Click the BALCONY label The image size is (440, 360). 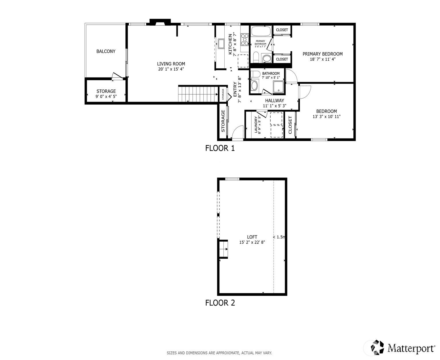coord(106,51)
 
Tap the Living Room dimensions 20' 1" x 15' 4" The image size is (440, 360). coord(171,69)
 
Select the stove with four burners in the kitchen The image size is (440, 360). coord(244,40)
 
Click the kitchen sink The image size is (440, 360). coord(221,44)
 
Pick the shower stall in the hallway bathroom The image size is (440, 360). coord(278,87)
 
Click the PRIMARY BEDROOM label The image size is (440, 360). coord(323,54)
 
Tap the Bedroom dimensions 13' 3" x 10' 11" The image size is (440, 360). coord(326,117)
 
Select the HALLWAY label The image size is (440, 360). coord(275,101)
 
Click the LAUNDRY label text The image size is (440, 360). coord(256,124)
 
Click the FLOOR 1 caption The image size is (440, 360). coord(220,148)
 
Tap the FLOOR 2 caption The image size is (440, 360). coord(220,303)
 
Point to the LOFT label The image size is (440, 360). coord(252,237)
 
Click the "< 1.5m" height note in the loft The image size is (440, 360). coord(279,237)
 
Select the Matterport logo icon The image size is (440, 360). coord(377,347)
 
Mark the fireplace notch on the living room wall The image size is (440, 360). coord(160,22)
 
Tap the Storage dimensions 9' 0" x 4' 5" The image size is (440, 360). coord(106,97)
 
